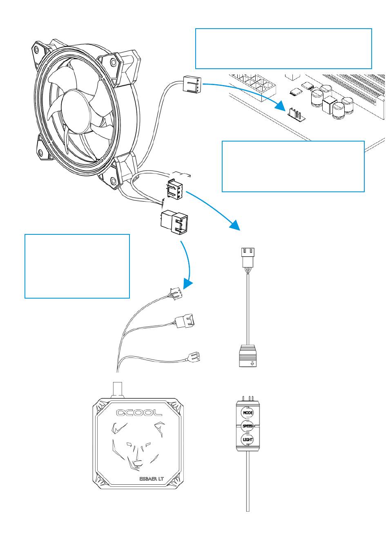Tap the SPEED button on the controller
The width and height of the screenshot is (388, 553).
248,426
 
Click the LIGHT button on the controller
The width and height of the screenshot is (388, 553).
248,440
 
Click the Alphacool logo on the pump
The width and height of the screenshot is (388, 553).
140,413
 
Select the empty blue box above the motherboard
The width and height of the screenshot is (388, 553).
283,49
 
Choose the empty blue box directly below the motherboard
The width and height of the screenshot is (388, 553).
293,166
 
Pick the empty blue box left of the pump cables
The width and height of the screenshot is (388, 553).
77,266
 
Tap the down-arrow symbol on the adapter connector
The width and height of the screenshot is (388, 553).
252,362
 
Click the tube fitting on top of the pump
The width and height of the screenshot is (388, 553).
118,389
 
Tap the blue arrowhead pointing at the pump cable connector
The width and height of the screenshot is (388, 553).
187,283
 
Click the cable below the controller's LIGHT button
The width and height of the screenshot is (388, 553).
248,483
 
